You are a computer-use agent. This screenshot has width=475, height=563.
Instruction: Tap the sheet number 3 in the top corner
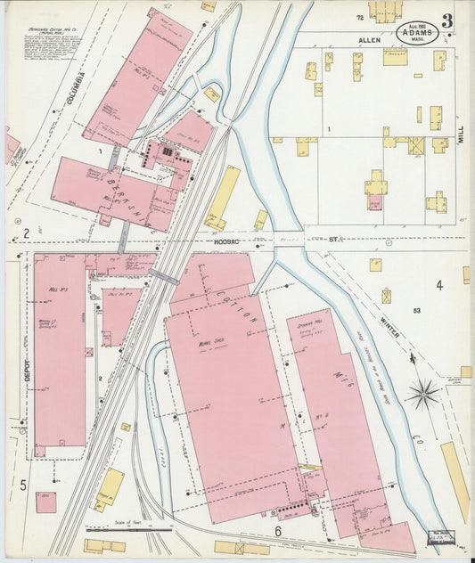point(445,20)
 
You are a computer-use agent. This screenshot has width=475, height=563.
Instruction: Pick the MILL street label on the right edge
point(461,134)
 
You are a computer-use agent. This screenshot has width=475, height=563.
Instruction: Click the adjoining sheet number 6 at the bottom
point(278,531)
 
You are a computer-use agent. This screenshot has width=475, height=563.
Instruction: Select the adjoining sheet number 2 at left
point(27,234)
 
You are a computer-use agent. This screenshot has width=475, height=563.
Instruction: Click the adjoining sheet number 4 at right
point(439,285)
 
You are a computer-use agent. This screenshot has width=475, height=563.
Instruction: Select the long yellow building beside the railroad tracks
point(222,198)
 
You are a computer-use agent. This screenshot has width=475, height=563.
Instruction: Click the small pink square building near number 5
point(45,502)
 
